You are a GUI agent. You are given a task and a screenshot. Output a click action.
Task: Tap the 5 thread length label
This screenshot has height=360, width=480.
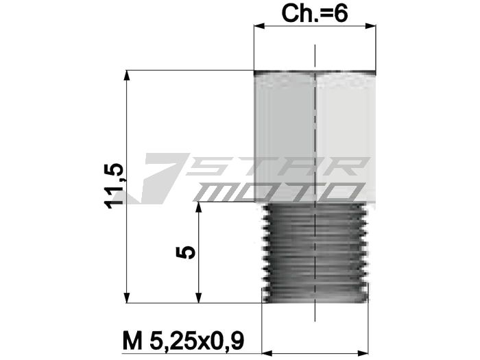pos(187,252)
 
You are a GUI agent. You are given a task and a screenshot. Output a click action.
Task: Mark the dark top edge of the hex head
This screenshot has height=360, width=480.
pos(315,72)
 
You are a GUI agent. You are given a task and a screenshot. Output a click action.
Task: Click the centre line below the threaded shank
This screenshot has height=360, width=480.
pos(315,312)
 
